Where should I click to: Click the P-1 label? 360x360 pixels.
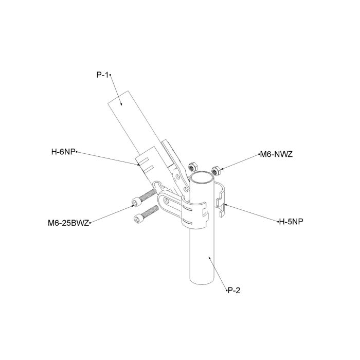(x=102, y=75)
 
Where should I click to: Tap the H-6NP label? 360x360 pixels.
(x=63, y=152)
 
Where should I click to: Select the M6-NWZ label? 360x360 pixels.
(x=277, y=154)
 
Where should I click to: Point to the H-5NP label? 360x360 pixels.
(x=291, y=222)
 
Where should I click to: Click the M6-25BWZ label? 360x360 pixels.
(x=68, y=223)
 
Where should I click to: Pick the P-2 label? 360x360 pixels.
(x=234, y=291)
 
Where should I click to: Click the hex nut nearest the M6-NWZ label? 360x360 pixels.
(x=216, y=171)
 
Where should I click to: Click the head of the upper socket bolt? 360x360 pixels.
(x=136, y=202)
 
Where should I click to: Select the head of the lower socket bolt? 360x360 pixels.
(x=138, y=219)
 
